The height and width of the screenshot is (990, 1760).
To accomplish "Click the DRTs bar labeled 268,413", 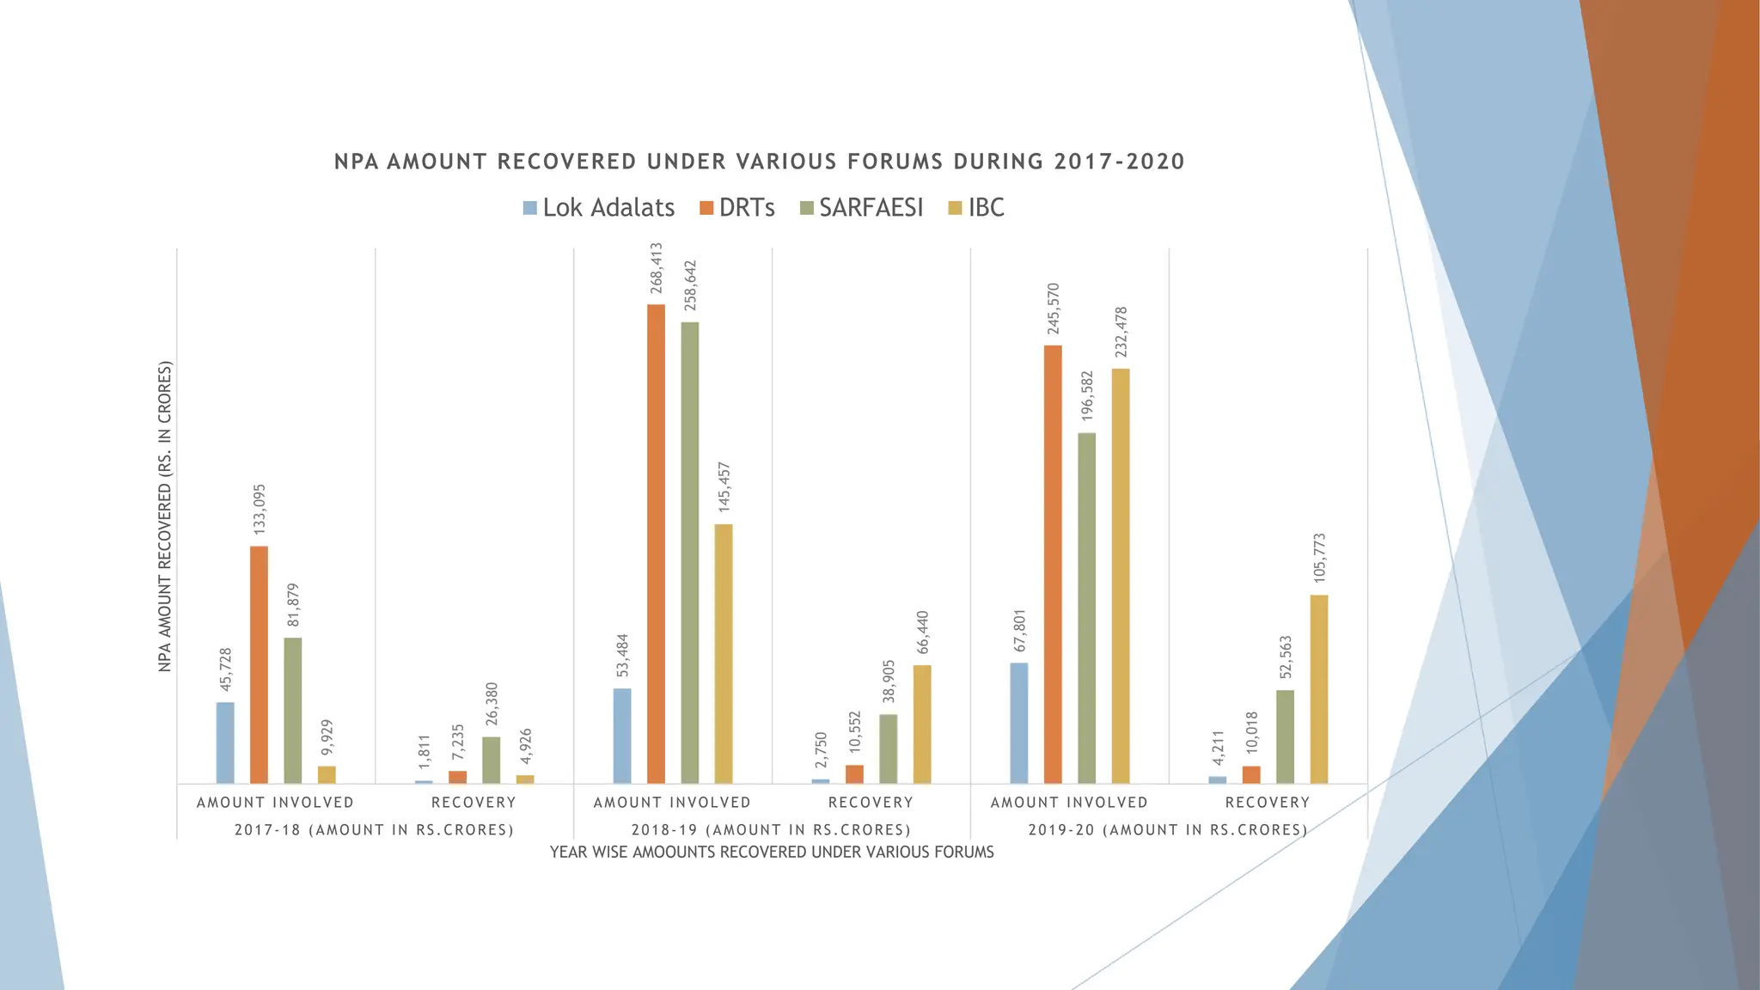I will point(656,543).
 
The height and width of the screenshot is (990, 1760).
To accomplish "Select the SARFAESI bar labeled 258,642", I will point(689,552).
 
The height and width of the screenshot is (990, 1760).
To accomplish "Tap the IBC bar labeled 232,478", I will point(1121,576).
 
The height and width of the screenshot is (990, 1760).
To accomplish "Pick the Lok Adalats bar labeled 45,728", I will point(225,742).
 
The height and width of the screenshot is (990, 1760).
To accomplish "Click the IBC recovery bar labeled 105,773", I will point(1319,688).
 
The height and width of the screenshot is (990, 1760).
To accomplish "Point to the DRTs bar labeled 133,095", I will point(259,664).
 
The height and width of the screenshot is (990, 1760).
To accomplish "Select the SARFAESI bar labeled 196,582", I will point(1086,608).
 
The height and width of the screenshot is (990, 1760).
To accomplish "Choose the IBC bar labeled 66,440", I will point(922,724).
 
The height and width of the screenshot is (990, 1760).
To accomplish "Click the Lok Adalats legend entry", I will point(599,208).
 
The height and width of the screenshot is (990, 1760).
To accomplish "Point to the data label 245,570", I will point(1054,309).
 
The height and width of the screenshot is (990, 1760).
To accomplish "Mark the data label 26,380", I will point(492,704).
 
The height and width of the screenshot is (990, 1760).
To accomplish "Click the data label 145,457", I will point(724,487).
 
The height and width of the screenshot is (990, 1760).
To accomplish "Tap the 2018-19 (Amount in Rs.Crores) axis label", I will point(771,830).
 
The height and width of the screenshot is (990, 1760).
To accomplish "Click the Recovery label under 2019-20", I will point(1268,803).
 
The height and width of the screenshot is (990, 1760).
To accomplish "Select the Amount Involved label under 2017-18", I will point(275,803).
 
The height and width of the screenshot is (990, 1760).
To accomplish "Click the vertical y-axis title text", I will point(165,516).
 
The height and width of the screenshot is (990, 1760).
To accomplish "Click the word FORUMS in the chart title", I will point(895,162).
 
